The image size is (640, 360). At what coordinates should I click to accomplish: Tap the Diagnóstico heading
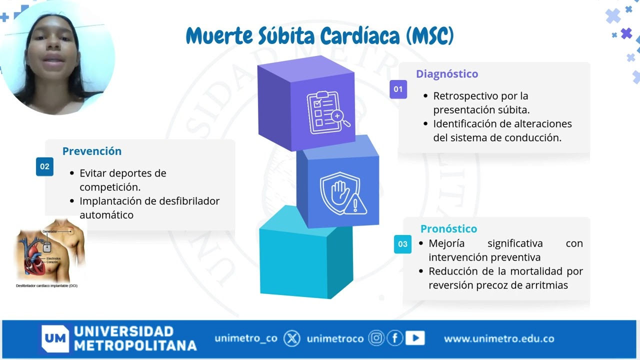447,74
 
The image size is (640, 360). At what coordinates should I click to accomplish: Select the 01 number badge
398,89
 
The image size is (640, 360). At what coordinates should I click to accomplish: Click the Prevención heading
92,151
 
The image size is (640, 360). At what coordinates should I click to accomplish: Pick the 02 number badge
44,166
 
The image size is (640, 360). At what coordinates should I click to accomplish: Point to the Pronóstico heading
448,229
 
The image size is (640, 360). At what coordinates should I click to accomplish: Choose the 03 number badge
402,244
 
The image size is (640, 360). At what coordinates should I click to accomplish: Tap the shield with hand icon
342,193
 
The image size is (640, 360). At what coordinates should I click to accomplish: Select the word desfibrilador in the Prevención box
189,201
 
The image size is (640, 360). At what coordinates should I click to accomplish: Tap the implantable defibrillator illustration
50,252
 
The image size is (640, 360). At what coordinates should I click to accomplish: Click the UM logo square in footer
54,339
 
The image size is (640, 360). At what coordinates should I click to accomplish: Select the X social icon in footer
292,339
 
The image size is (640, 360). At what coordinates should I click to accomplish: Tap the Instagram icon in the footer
376,338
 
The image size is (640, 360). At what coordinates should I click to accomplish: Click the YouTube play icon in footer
414,338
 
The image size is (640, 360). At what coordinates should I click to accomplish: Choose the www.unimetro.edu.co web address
498,339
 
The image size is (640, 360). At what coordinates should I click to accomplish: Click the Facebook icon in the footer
395,338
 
